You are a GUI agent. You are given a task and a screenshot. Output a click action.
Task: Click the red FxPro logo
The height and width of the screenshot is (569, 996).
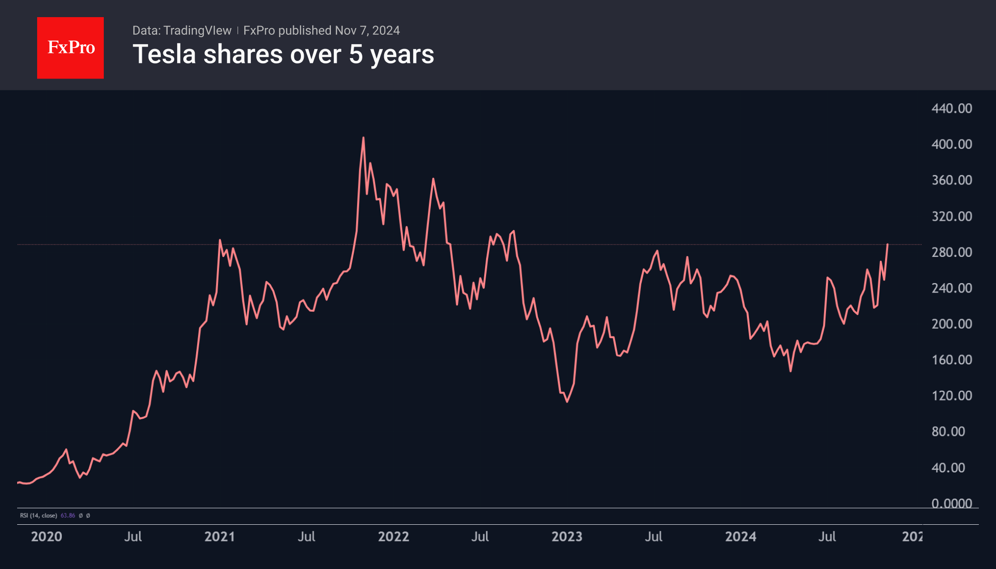pos(70,48)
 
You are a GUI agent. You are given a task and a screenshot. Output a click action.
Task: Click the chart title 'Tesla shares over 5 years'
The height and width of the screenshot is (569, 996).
pos(283,54)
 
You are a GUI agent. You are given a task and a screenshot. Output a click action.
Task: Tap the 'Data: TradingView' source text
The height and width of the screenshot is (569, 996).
pos(182,30)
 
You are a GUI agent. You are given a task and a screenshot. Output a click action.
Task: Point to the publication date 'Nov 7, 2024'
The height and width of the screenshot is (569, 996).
pos(367,30)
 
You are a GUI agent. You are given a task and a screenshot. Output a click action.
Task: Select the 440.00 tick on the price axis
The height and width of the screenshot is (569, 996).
pos(952,108)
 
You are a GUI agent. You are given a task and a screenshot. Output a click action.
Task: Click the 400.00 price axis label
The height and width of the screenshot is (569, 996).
pos(952,144)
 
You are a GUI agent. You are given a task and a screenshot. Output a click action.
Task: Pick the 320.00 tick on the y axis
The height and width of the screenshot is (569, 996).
pos(952,216)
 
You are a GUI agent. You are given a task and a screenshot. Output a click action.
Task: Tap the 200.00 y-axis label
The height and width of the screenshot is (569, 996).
pos(952,324)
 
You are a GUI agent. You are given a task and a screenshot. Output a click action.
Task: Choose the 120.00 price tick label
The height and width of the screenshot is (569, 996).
pos(952,396)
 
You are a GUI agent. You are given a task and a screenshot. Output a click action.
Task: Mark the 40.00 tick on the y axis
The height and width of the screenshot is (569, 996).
pos(948,468)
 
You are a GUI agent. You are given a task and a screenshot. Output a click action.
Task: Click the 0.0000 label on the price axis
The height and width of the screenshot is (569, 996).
pos(952,503)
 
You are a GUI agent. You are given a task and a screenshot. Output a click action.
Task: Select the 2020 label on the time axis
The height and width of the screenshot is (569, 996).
pos(47,537)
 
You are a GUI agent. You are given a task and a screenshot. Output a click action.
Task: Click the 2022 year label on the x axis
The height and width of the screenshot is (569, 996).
pos(394,537)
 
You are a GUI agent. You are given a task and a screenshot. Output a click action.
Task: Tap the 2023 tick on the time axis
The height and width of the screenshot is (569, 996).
pos(567,537)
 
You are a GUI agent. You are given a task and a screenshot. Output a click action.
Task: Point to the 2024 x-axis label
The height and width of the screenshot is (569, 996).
pos(741,537)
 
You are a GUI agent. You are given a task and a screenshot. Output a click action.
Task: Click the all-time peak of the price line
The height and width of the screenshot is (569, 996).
pos(363,138)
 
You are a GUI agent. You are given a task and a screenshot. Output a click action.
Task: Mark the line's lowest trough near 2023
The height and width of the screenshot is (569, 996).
pos(567,402)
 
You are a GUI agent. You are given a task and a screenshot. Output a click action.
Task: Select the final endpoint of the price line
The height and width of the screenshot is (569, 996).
pos(887,244)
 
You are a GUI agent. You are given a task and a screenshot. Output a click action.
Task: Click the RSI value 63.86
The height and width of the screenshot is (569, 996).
pos(68,516)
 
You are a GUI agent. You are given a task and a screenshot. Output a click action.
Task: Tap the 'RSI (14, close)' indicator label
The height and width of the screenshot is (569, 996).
pos(39,516)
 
